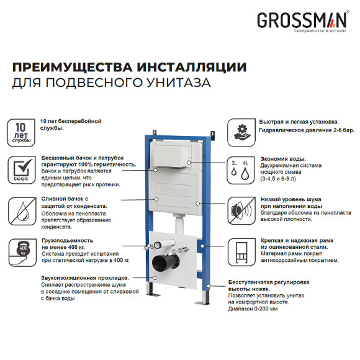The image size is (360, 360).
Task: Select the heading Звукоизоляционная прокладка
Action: pyautogui.click(x=84, y=278)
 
